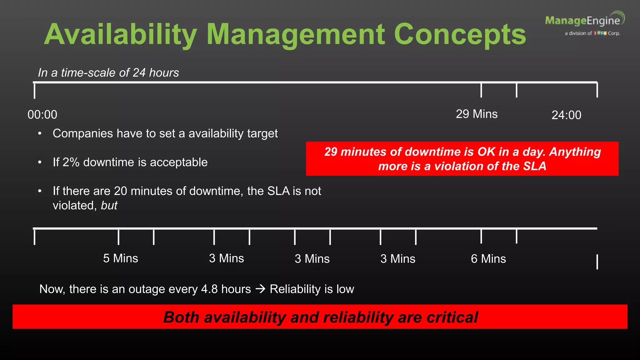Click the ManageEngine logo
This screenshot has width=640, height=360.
click(x=584, y=23)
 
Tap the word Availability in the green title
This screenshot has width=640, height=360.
click(x=121, y=35)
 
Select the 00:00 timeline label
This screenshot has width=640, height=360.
click(x=42, y=115)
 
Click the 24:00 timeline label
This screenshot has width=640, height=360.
click(x=566, y=115)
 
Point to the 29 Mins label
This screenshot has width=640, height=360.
click(x=477, y=114)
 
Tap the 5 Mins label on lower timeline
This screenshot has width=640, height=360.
click(x=121, y=258)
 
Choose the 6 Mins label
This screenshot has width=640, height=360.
click(x=488, y=259)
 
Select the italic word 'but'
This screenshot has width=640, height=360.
click(x=109, y=206)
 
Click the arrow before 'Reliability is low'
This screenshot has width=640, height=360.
click(x=260, y=289)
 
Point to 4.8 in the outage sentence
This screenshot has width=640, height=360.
click(x=209, y=289)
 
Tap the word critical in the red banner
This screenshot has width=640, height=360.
click(x=452, y=317)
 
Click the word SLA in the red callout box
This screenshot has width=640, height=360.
click(x=535, y=166)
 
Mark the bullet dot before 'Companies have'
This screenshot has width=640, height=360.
click(x=40, y=134)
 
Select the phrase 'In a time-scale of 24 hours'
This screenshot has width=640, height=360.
click(x=108, y=73)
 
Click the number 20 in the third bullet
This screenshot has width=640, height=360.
click(x=120, y=191)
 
